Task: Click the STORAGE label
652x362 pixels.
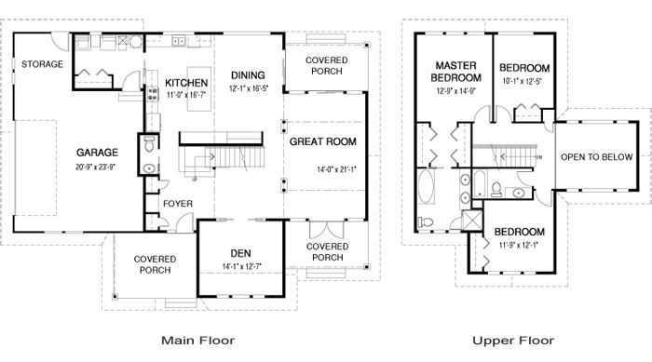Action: tap(43, 64)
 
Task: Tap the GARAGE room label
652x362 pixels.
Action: tap(97, 151)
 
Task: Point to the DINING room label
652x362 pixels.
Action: tap(248, 75)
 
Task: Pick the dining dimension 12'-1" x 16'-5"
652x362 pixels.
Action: tap(248, 88)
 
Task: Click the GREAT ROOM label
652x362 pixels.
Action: tap(323, 141)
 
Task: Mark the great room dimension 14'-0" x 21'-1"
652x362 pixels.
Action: tap(336, 168)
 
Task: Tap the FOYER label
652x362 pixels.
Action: tap(177, 203)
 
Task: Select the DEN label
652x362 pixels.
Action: tap(240, 253)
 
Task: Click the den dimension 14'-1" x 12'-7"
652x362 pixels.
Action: tap(240, 267)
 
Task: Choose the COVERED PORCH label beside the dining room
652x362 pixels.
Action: tap(327, 66)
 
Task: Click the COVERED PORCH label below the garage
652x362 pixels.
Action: tap(155, 265)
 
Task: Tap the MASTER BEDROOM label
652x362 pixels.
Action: tap(455, 72)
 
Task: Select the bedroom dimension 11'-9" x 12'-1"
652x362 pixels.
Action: tap(518, 245)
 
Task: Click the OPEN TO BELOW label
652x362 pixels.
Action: tap(596, 157)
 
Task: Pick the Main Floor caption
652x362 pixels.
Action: tap(197, 341)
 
